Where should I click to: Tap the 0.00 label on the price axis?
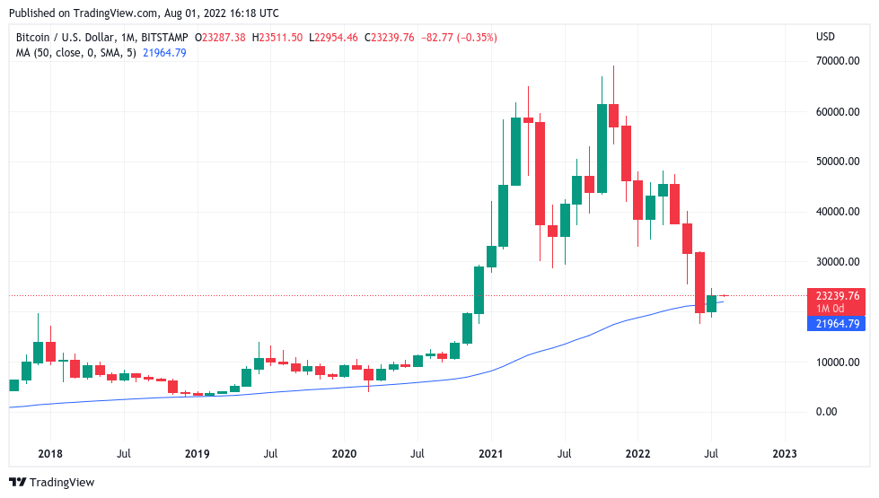(826, 412)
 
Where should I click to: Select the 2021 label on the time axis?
(490, 455)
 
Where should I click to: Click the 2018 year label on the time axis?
(50, 455)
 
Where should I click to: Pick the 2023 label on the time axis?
(784, 455)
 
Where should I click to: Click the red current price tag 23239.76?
(835, 295)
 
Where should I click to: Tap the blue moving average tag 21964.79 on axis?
(835, 324)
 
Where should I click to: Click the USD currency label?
(825, 37)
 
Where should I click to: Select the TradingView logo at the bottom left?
(51, 483)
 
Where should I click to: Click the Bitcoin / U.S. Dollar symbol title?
(66, 38)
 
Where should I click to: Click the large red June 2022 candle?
(699, 282)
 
